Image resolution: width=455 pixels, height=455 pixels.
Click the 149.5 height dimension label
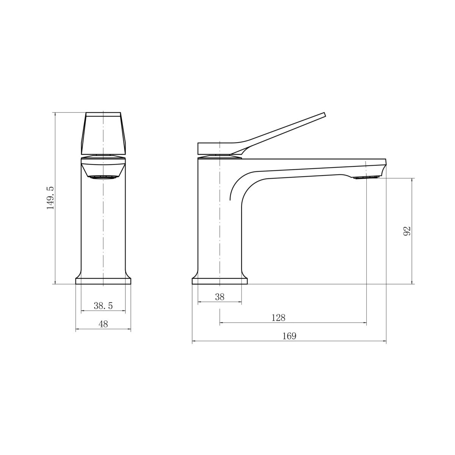pyautogui.click(x=50, y=198)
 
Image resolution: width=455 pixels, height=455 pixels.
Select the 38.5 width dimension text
pyautogui.click(x=103, y=306)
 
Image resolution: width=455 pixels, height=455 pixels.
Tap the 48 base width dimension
pyautogui.click(x=103, y=324)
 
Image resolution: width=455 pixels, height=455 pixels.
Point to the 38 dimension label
pyautogui.click(x=220, y=297)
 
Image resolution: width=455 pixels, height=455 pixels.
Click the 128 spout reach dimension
pyautogui.click(x=279, y=318)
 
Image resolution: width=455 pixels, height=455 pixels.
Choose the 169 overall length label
pyautogui.click(x=289, y=336)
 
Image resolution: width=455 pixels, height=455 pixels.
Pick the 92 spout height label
pyautogui.click(x=407, y=231)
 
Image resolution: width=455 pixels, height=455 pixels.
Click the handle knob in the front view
pyautogui.click(x=104, y=133)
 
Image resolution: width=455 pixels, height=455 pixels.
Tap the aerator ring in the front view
pyautogui.click(x=104, y=177)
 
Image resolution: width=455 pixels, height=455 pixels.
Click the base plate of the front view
pyautogui.click(x=103, y=281)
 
